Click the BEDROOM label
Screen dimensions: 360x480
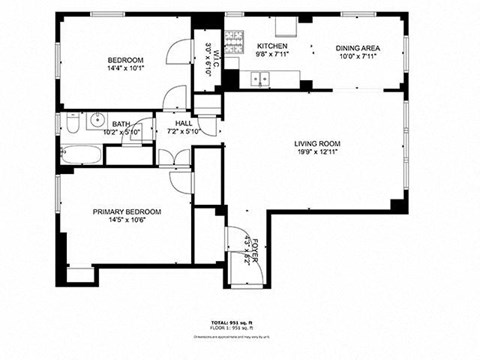(127, 60)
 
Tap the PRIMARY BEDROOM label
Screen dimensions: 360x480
(127, 212)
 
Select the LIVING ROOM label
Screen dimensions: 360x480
(319, 142)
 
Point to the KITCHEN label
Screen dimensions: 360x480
(272, 47)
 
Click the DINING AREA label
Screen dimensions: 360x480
(356, 47)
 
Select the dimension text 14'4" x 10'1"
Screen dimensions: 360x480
(127, 70)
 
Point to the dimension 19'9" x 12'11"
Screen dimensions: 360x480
(319, 153)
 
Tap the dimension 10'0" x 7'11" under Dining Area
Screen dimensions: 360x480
(356, 57)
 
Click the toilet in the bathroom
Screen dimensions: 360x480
(73, 123)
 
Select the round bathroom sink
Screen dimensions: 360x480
(97, 122)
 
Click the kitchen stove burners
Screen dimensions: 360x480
(232, 42)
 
